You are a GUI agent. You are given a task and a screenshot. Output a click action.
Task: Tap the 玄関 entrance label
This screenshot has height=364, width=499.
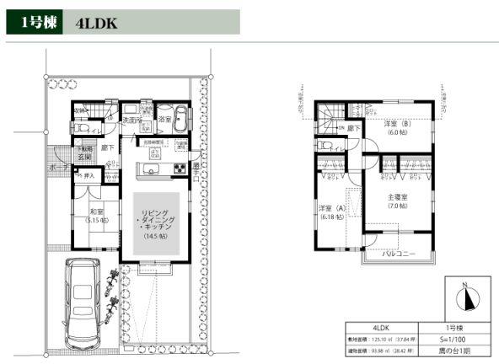(85, 157)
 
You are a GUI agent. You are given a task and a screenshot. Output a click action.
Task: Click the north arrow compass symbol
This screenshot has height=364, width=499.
(466, 298)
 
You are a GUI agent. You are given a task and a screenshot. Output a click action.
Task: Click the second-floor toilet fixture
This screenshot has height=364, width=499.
(325, 144)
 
